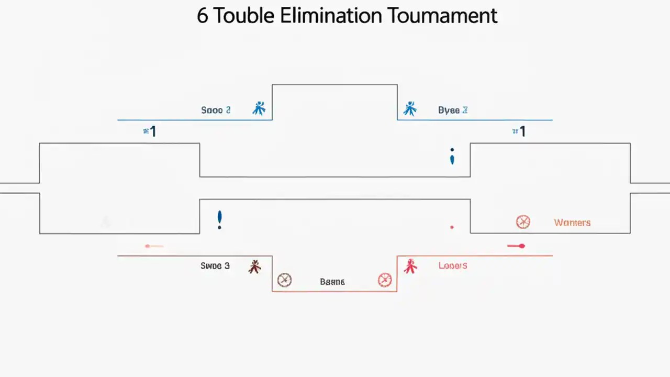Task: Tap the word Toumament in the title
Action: point(442,16)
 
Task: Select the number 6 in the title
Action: point(202,16)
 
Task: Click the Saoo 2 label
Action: point(216,110)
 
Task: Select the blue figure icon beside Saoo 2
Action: point(259,108)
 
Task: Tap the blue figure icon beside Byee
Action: point(409,108)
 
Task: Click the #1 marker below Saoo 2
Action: point(150,131)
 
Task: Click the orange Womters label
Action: point(572,223)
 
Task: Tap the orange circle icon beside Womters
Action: point(523,222)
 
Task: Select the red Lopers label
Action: point(453,265)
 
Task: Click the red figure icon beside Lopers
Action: point(410,267)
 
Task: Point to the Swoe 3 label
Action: point(215,265)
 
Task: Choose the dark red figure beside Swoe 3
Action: point(254,267)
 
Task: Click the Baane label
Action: point(332,282)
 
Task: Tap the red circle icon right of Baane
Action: point(385,280)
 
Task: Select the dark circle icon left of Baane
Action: point(284,280)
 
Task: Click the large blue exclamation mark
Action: point(220,219)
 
